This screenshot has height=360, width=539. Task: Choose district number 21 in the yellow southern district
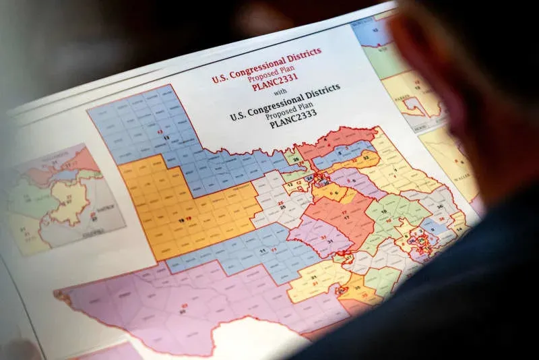click(315, 277)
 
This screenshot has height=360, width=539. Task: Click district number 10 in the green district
click(384, 211)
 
